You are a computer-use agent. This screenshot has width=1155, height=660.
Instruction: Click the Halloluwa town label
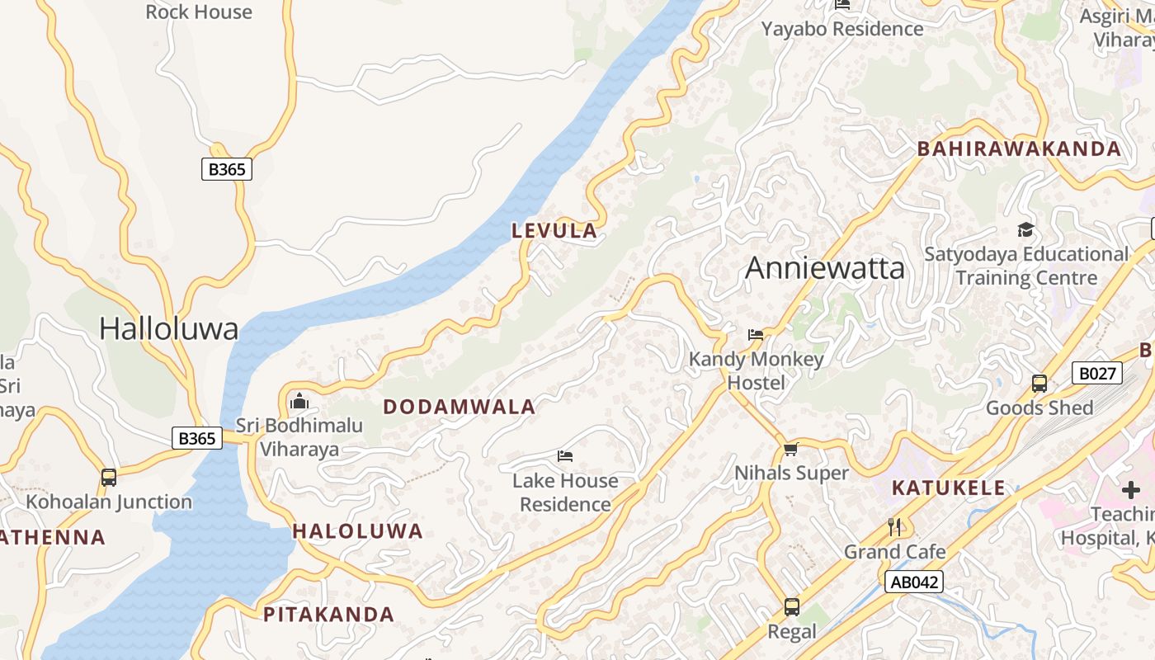pyautogui.click(x=168, y=328)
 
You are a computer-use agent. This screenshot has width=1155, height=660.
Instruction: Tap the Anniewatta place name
pyautogui.click(x=824, y=268)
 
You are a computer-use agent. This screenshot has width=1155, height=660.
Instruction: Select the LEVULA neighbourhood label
pyautogui.click(x=554, y=231)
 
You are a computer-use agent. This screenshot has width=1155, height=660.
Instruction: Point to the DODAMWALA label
pyautogui.click(x=460, y=407)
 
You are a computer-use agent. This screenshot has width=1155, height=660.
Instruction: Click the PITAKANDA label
pyautogui.click(x=328, y=615)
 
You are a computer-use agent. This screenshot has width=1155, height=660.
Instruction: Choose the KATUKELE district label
pyautogui.click(x=949, y=488)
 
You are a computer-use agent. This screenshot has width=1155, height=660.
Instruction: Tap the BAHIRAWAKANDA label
pyautogui.click(x=1020, y=149)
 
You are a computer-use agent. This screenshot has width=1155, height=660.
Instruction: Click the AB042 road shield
pyautogui.click(x=914, y=582)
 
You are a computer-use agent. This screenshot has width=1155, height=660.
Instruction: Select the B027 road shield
pyautogui.click(x=1097, y=374)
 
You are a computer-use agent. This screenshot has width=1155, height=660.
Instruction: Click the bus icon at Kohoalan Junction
pyautogui.click(x=109, y=477)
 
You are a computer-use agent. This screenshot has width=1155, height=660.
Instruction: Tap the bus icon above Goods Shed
pyautogui.click(x=1039, y=384)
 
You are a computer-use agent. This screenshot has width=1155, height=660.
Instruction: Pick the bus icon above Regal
pyautogui.click(x=792, y=607)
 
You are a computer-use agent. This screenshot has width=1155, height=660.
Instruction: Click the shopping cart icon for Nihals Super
pyautogui.click(x=791, y=449)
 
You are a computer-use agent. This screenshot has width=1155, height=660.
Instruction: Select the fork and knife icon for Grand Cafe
pyautogui.click(x=894, y=526)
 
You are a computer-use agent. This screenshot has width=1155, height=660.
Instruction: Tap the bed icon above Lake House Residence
pyautogui.click(x=565, y=455)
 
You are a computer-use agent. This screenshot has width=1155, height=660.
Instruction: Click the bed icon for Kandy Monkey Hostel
pyautogui.click(x=756, y=334)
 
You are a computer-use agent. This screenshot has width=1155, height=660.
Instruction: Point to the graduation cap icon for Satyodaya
pyautogui.click(x=1025, y=229)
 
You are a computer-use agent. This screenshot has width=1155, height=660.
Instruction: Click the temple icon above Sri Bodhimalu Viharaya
pyautogui.click(x=299, y=402)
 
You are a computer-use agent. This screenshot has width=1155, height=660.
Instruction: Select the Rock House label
pyautogui.click(x=199, y=12)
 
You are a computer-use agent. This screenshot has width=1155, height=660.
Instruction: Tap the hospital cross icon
pyautogui.click(x=1130, y=491)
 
